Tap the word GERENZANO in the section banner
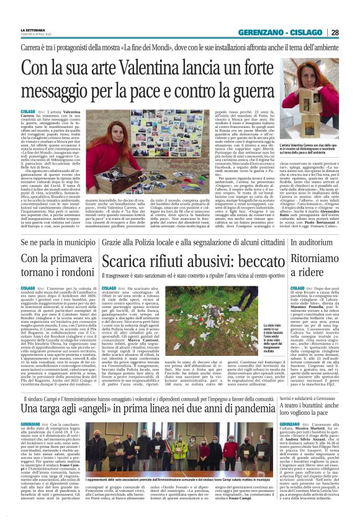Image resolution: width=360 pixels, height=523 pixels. click(x=264, y=32)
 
